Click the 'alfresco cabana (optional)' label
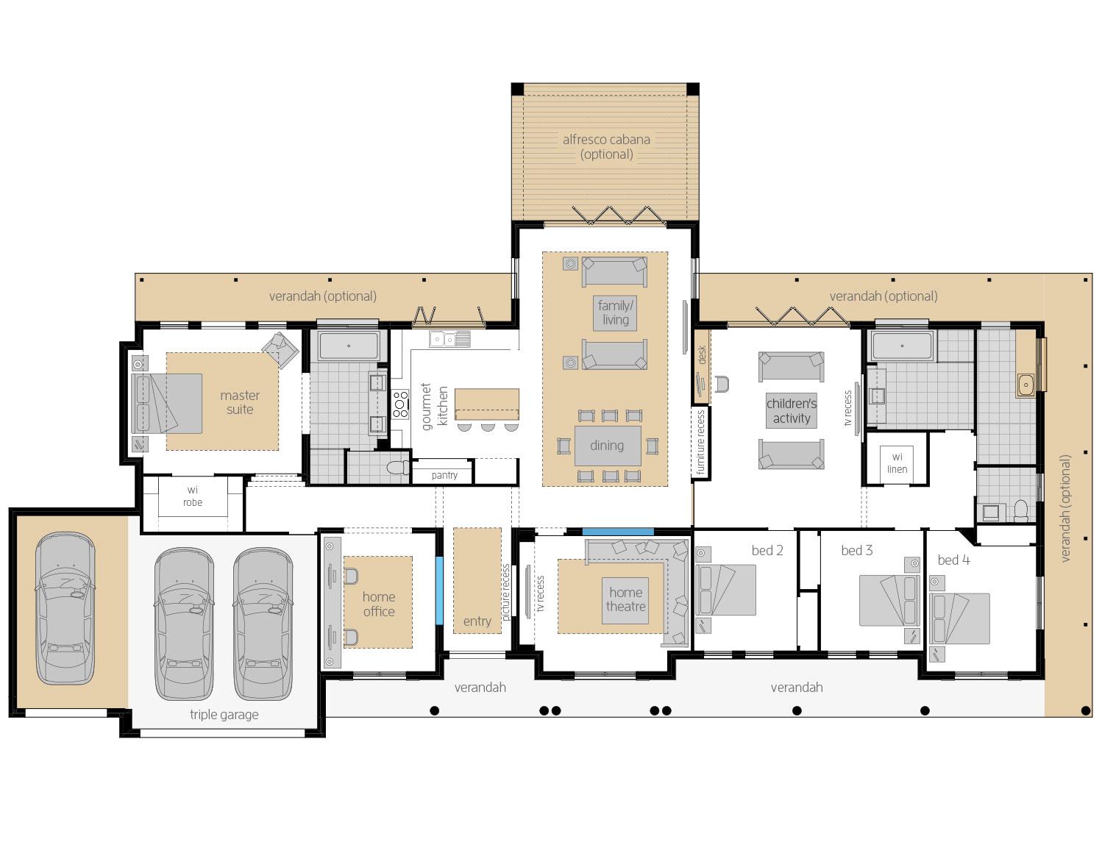click(606, 146)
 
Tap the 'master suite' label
click(240, 402)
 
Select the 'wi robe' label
click(193, 496)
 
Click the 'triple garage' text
click(224, 714)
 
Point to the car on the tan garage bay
click(65, 607)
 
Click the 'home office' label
click(378, 604)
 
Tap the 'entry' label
click(477, 621)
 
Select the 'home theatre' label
click(625, 599)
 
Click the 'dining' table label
click(607, 446)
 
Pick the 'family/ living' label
click(615, 313)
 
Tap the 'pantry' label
click(444, 475)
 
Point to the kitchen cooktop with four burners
click(400, 404)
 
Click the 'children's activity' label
click(791, 411)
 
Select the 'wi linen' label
click(897, 463)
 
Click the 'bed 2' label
click(767, 550)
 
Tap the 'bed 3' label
click(856, 550)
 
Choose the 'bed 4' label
click(953, 560)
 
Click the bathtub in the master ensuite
click(348, 346)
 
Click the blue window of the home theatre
click(617, 531)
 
